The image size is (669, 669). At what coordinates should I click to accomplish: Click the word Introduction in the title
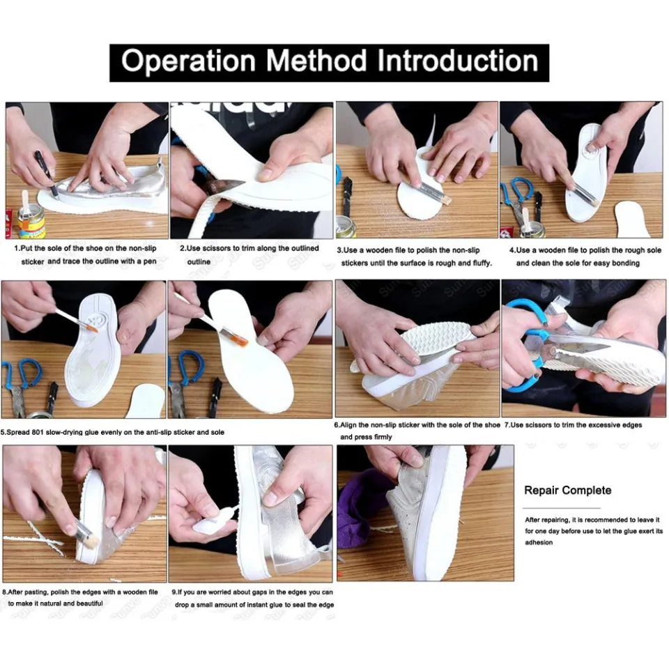click(x=458, y=61)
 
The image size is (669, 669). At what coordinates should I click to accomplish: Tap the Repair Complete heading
click(x=567, y=490)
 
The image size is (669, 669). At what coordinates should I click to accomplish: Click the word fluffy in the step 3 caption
click(x=479, y=263)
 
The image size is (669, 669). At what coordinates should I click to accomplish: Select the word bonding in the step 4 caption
click(x=624, y=263)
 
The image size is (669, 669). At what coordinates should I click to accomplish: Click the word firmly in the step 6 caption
click(x=380, y=437)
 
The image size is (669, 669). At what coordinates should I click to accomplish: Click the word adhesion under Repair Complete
click(x=538, y=542)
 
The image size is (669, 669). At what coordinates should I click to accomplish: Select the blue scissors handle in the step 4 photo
click(x=517, y=191)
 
